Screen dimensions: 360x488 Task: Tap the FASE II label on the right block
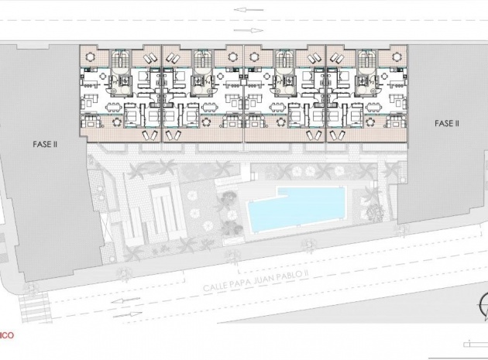coord(446,123)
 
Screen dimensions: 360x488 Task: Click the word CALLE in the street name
coord(216,286)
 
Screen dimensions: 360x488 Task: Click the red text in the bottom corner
coord(5,337)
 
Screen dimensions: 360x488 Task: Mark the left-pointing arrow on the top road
coord(242,9)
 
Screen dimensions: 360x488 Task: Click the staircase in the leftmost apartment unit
coord(119,62)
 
